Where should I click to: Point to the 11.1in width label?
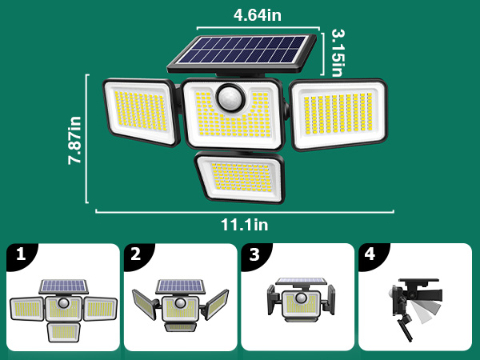[246, 226]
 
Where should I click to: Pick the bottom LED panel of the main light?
[238, 177]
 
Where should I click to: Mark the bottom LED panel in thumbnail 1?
[64, 330]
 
